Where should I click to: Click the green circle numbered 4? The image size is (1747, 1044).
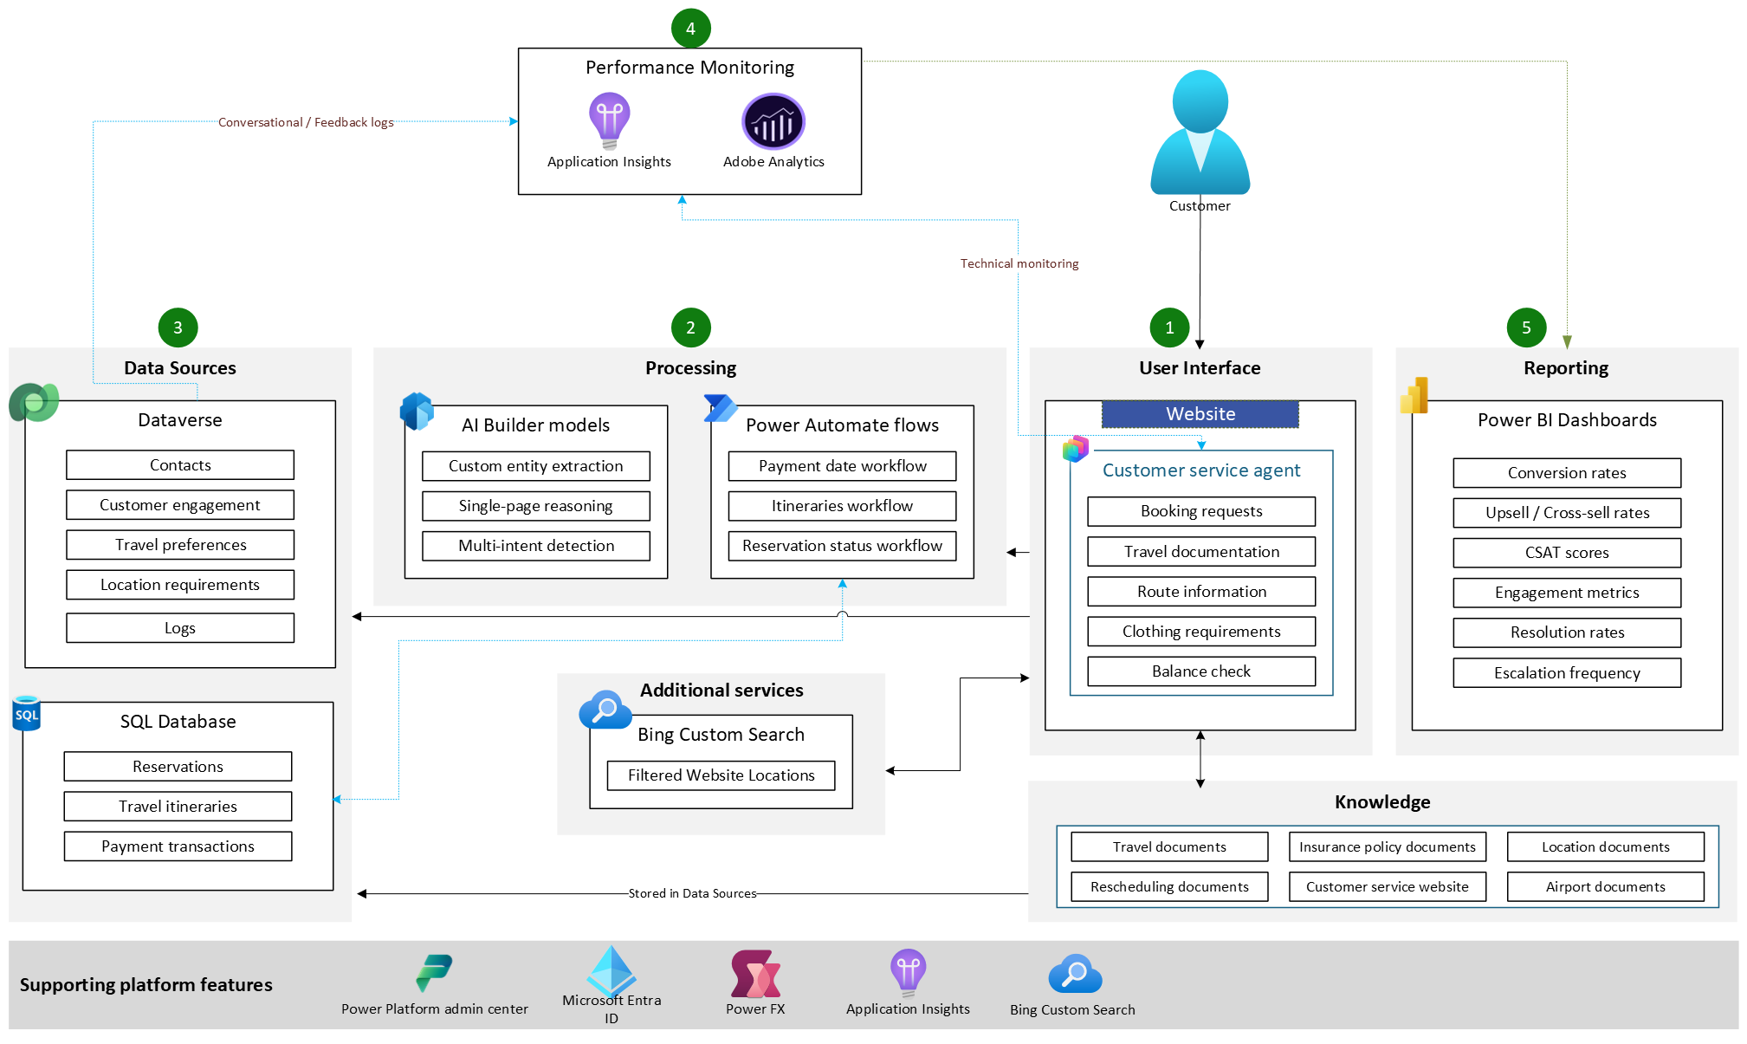pos(690,29)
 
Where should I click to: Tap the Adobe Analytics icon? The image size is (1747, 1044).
pos(773,121)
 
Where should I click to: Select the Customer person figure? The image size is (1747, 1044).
pos(1200,134)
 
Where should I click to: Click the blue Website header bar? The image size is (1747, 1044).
pos(1200,414)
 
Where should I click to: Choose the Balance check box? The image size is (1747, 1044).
pos(1200,671)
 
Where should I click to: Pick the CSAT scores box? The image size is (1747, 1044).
pos(1566,553)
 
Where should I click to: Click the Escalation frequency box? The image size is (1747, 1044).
pos(1566,673)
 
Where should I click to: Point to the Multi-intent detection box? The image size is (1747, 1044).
pos(536,546)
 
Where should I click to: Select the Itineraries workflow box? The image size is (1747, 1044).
pos(842,506)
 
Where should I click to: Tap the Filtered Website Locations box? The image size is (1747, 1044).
pos(721,775)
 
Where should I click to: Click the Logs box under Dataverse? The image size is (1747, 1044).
pos(180,628)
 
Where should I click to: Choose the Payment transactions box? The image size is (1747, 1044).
pos(178,846)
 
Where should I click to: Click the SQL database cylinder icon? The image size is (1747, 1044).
pos(27,714)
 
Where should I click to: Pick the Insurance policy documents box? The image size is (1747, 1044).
pos(1387,847)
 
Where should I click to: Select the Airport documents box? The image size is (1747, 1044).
pos(1605,887)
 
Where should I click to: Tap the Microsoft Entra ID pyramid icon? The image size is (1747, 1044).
pos(611,970)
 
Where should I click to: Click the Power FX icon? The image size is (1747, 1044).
pos(755,975)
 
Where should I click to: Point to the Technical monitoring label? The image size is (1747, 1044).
pos(1019,263)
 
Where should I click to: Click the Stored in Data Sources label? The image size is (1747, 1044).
pos(692,893)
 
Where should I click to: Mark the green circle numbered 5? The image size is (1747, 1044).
pos(1526,327)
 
